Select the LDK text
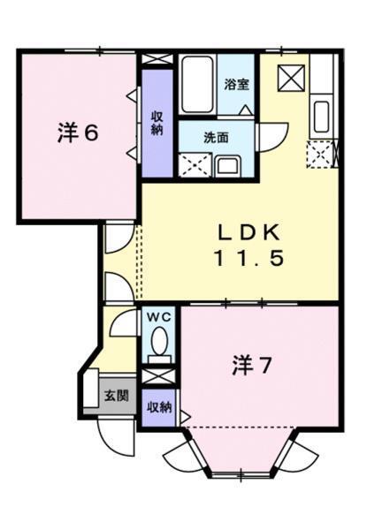point(250,233)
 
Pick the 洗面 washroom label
point(216,138)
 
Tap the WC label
point(159,316)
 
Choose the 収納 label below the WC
point(159,407)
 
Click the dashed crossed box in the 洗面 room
point(194,164)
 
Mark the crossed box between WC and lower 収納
point(159,375)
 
